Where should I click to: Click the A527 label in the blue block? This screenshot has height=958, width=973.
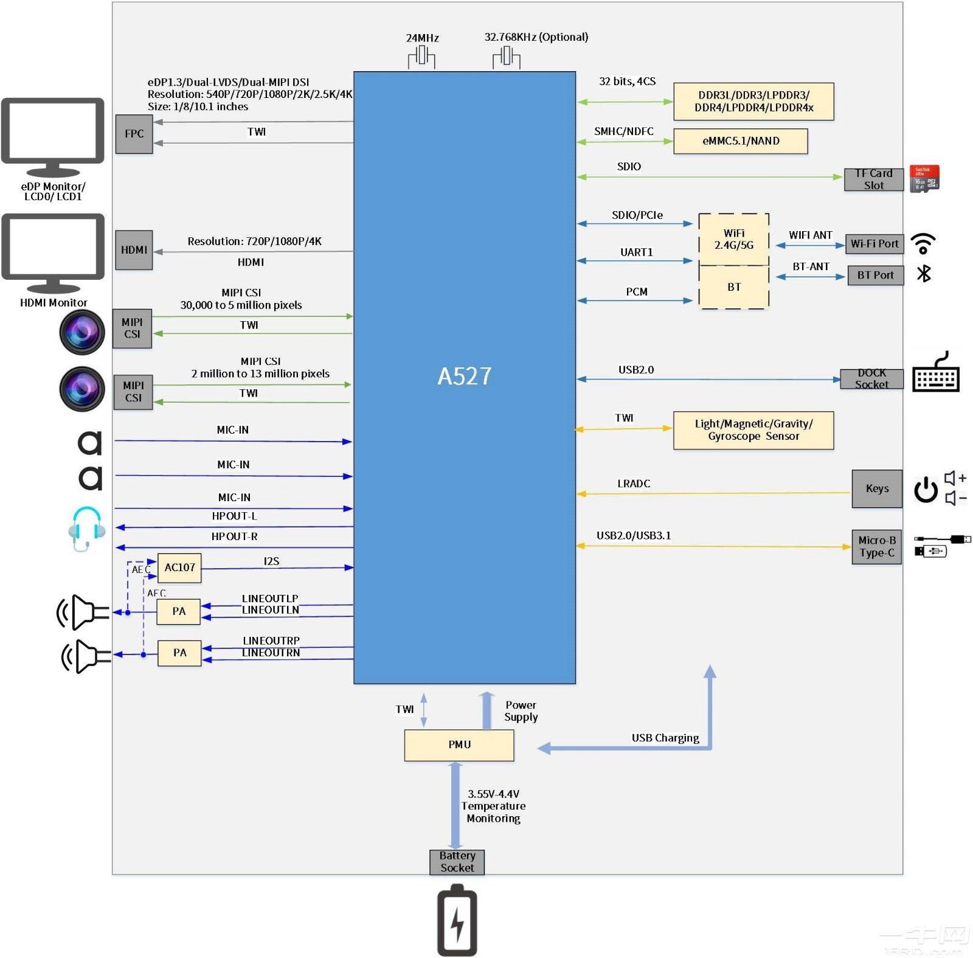pyautogui.click(x=464, y=376)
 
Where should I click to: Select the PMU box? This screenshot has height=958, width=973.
pyautogui.click(x=459, y=745)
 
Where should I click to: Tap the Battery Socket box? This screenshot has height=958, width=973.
pyautogui.click(x=457, y=862)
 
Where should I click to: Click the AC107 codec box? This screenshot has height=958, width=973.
pyautogui.click(x=179, y=568)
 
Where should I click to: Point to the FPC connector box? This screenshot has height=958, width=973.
pyautogui.click(x=134, y=134)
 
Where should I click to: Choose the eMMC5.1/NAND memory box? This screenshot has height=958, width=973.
pyautogui.click(x=740, y=141)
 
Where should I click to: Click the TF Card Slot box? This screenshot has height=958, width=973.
pyautogui.click(x=873, y=179)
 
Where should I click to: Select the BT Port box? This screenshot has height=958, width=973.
pyautogui.click(x=875, y=275)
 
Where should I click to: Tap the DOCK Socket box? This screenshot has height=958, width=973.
pyautogui.click(x=871, y=379)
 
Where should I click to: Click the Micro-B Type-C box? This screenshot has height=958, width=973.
pyautogui.click(x=876, y=547)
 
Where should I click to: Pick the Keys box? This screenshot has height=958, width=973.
pyautogui.click(x=876, y=488)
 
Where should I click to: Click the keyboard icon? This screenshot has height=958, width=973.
pyautogui.click(x=935, y=373)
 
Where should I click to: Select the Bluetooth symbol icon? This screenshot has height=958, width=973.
pyautogui.click(x=924, y=274)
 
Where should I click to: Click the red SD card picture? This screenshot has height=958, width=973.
pyautogui.click(x=924, y=179)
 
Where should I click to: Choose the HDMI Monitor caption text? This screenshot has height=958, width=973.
pyautogui.click(x=54, y=302)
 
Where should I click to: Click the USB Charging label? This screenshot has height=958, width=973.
pyautogui.click(x=665, y=738)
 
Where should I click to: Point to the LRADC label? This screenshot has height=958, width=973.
pyautogui.click(x=634, y=484)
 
